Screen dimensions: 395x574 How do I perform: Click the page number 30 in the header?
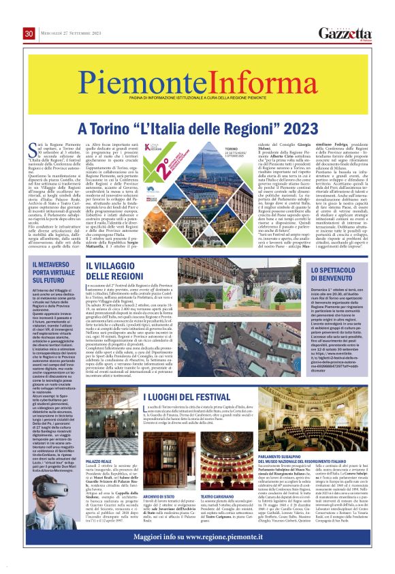click(x=29, y=34)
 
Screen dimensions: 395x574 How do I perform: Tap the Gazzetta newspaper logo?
click(x=346, y=34)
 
